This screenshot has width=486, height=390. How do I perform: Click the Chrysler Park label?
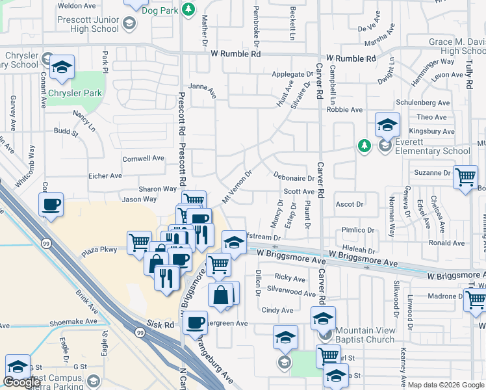pos(74,93)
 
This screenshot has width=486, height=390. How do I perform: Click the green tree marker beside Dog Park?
pos(188,10)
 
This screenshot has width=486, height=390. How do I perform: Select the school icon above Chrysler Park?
pos(62,67)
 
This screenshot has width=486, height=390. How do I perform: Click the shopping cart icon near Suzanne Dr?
pos(465,176)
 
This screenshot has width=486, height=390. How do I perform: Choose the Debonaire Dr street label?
pos(294,177)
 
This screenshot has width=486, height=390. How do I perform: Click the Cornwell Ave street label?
pos(144,158)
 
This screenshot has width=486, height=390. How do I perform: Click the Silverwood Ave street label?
pos(291,292)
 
